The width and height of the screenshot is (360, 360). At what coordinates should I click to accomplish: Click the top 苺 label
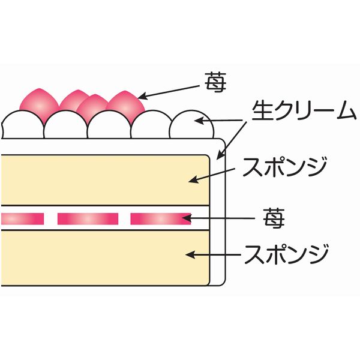pos(215,83)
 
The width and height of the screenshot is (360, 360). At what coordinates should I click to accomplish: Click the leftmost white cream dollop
pos(22,127)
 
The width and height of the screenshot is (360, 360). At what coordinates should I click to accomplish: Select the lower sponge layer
pos(105,258)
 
